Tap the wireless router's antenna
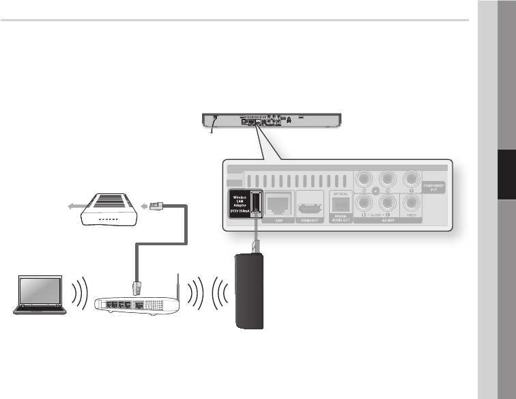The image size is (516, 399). [177, 287]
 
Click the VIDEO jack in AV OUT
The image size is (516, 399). [411, 204]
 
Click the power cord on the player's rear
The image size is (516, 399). [213, 124]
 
